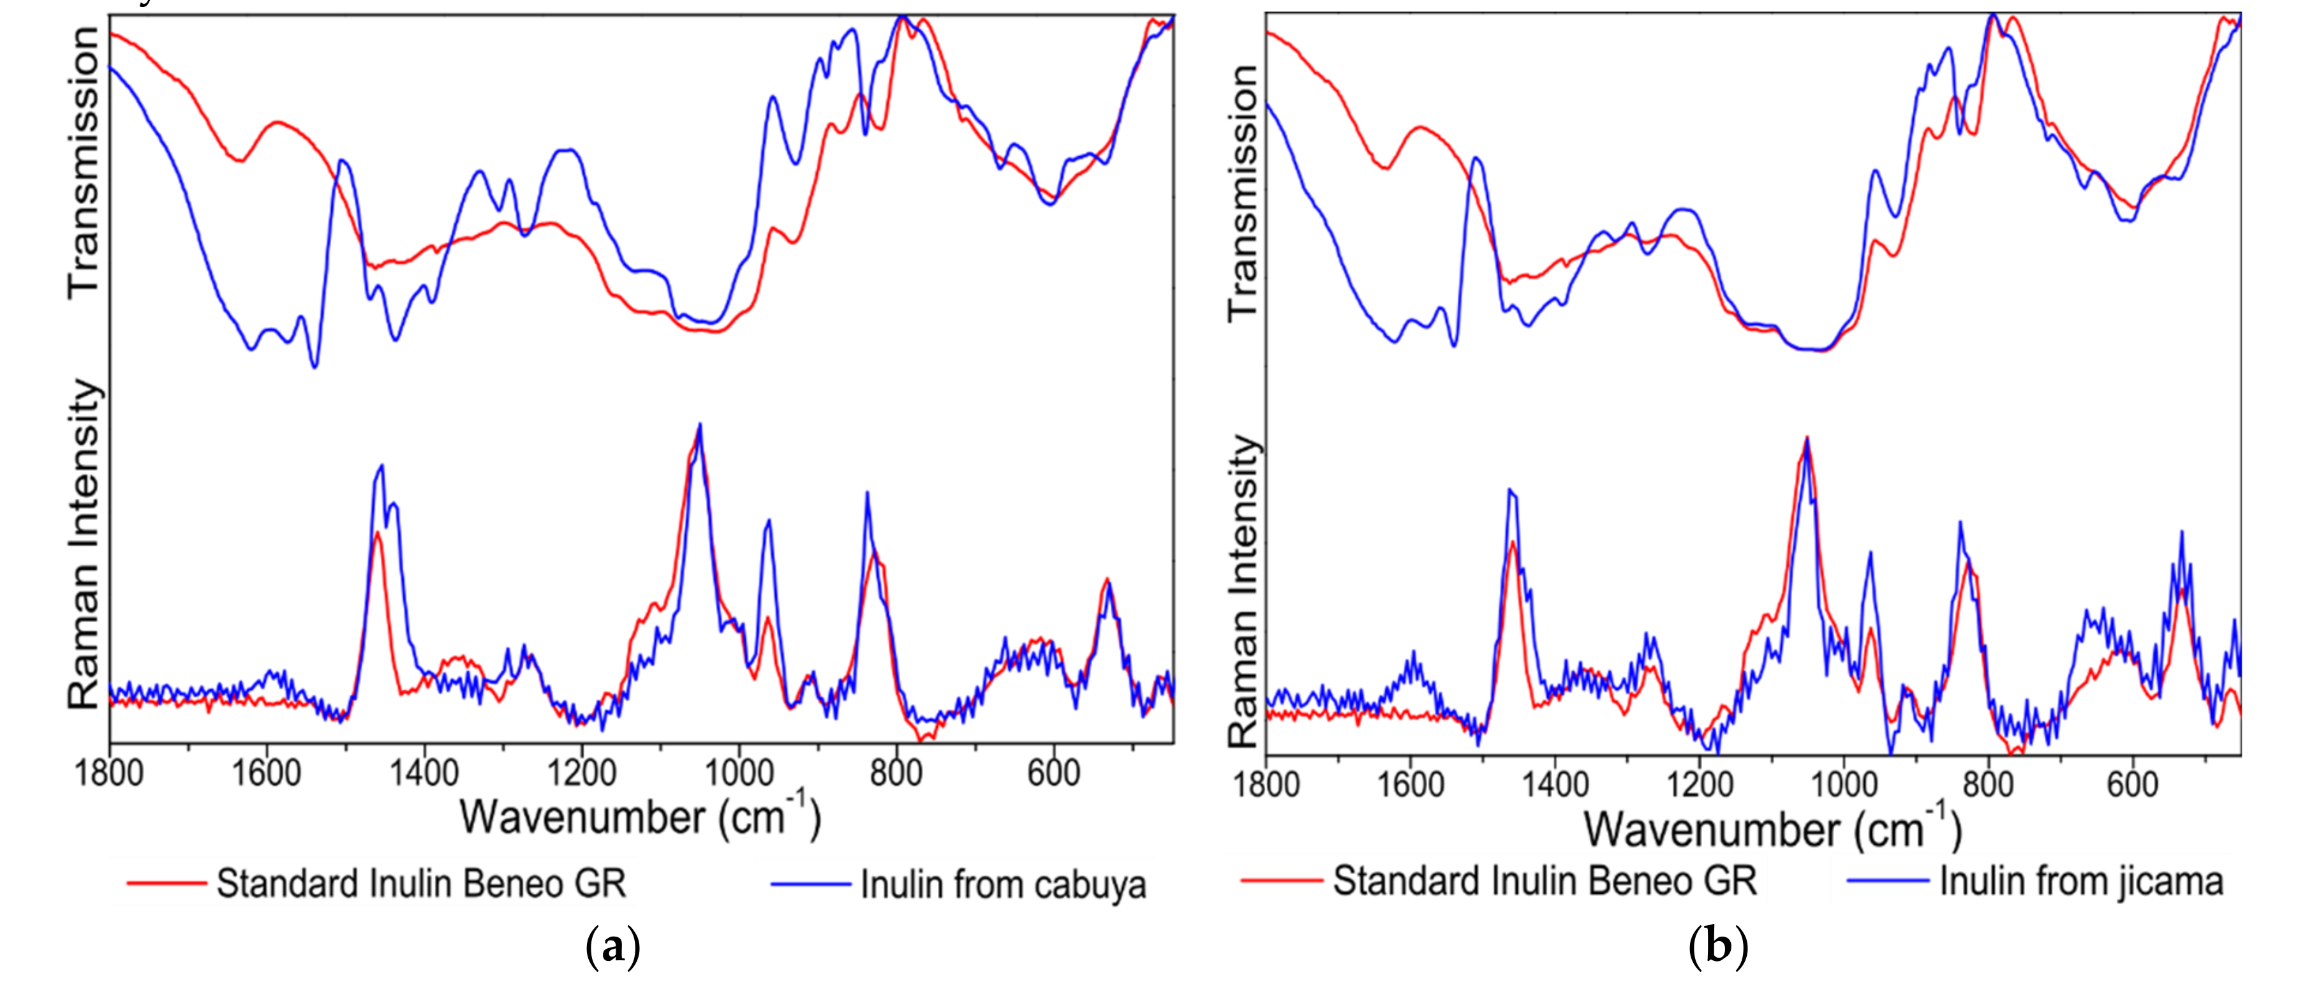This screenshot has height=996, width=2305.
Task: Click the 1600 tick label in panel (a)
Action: click(267, 771)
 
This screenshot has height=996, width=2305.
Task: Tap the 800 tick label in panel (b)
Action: click(1988, 785)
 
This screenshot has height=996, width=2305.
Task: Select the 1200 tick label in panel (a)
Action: click(582, 771)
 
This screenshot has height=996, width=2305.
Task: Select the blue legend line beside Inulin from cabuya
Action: click(810, 885)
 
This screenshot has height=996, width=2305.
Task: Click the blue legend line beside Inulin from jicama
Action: click(1887, 881)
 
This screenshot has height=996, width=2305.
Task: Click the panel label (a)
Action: click(613, 946)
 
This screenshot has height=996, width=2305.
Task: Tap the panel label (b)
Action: click(1717, 946)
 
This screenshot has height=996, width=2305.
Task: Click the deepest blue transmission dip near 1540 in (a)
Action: click(314, 364)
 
